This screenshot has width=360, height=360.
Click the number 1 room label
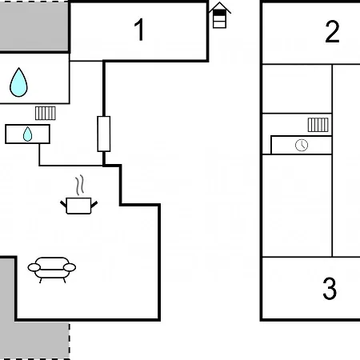[x=139, y=30]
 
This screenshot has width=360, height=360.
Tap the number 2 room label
[x=332, y=31]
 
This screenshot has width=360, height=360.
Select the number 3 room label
[x=330, y=288]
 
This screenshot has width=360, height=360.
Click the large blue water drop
[x=18, y=82]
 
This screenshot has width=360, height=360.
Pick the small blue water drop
[x=27, y=134]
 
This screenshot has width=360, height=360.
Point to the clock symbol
[x=302, y=145]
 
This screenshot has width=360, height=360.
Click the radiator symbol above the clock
[x=318, y=125]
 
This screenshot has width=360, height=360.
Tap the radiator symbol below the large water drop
[x=46, y=113]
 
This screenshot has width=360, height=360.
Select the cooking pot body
[x=78, y=206]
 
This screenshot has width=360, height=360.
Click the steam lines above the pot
[x=79, y=185]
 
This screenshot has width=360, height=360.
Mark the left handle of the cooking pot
[x=63, y=204]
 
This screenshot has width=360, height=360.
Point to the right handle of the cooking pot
[x=94, y=205]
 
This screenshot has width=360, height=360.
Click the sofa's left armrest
[x=34, y=267]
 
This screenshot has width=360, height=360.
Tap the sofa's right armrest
[x=70, y=267]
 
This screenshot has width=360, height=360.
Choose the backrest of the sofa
[x=52, y=262]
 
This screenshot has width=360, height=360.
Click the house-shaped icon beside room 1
[x=219, y=15]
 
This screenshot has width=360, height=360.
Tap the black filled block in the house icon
[x=219, y=13]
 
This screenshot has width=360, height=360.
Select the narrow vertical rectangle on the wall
[x=104, y=134]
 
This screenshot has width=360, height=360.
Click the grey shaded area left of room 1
[x=34, y=26]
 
